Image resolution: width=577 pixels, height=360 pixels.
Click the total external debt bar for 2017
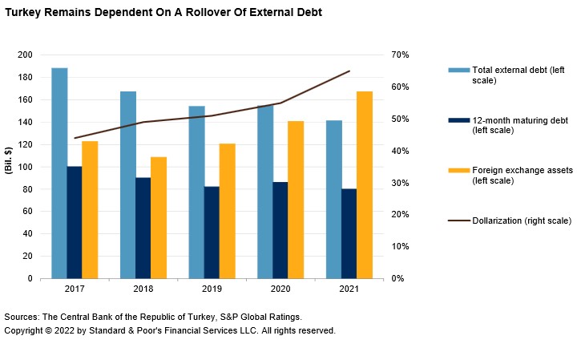[59, 173]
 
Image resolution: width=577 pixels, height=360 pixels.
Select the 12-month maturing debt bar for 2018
[143, 228]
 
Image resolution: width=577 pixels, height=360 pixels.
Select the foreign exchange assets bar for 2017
[90, 209]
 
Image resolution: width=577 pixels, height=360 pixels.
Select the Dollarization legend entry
[521, 220]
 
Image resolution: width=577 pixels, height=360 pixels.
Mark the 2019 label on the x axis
[212, 289]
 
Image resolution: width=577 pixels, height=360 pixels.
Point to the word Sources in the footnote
[22, 316]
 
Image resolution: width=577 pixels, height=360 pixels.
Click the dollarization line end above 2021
[349, 71]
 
